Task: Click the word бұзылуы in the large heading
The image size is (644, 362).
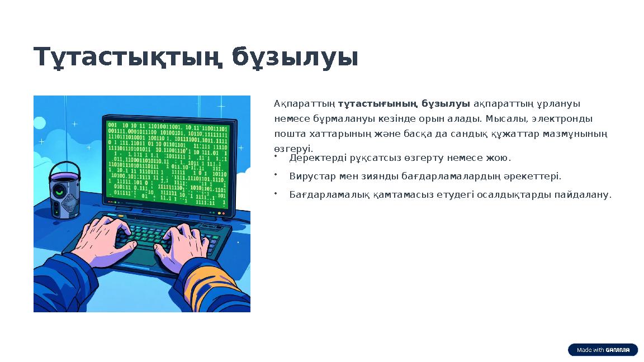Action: [x=295, y=58]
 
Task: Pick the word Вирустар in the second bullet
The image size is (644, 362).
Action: [x=308, y=177]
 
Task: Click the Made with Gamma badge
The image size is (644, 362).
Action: [x=603, y=350]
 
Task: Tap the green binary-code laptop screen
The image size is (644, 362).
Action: [x=168, y=162]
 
